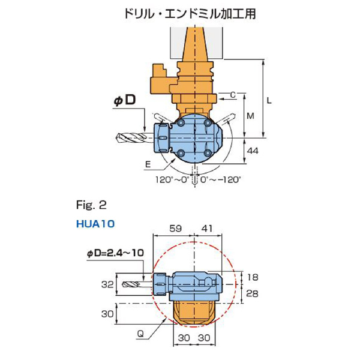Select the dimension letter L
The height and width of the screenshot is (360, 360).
(269, 101)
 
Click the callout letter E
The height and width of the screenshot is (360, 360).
(148, 162)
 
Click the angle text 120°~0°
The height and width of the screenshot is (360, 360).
(172, 179)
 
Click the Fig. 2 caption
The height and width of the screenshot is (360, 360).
(91, 205)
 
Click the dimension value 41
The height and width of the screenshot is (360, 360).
(206, 229)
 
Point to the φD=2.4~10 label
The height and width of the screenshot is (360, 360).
(113, 254)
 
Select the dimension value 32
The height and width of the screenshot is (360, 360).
(107, 285)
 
